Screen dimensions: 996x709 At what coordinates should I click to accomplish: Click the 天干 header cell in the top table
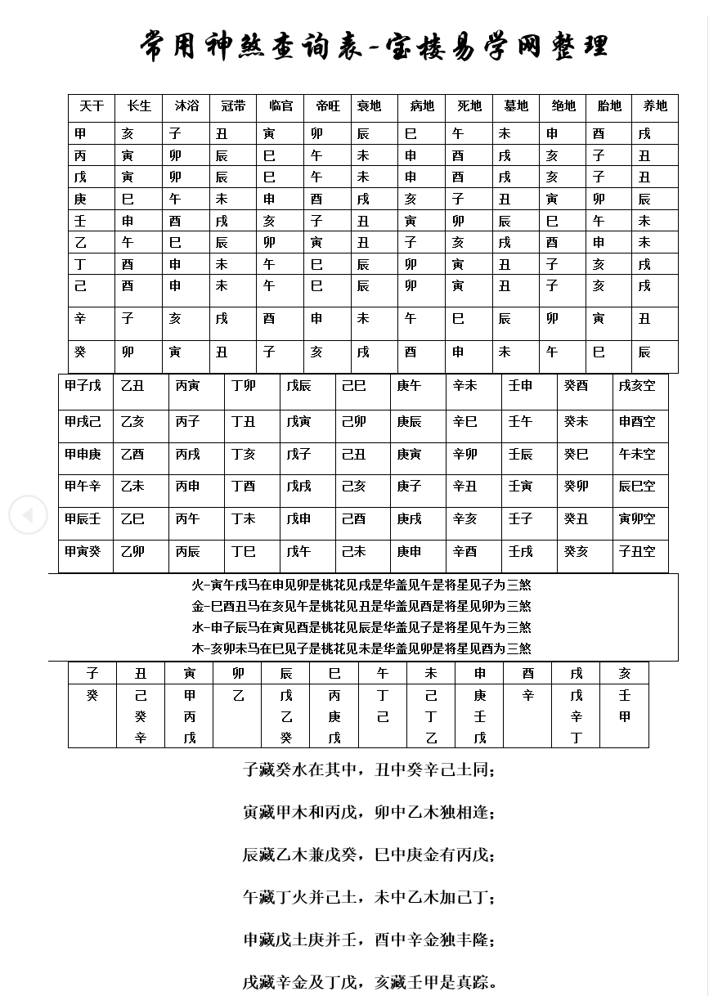[92, 106]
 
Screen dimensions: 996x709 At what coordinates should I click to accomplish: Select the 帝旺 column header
[327, 106]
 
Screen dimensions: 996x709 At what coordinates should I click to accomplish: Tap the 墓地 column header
[516, 106]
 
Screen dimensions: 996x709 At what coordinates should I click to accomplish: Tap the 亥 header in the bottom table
[625, 673]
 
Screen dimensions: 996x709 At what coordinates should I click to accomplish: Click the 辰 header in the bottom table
[285, 673]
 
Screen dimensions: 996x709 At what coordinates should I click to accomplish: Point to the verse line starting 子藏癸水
[369, 770]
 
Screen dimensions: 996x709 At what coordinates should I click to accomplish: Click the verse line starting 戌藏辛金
[370, 982]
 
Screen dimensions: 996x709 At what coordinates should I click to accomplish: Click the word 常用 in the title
[168, 45]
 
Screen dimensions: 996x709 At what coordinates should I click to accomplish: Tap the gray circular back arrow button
[28, 515]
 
